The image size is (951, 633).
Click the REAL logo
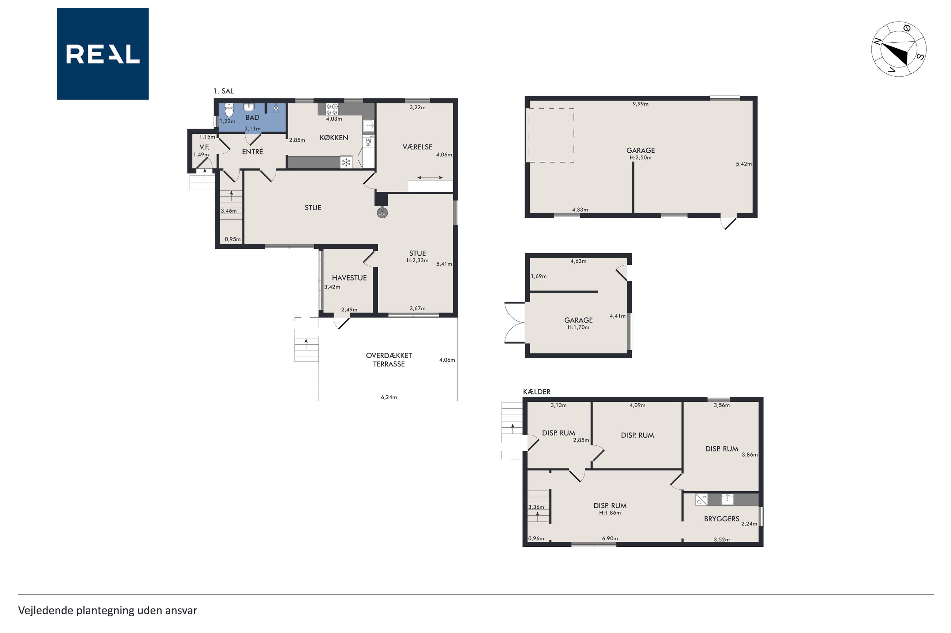[103, 54]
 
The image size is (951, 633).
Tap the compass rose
[898, 49]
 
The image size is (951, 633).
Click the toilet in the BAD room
[229, 110]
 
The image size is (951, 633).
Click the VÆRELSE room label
[417, 147]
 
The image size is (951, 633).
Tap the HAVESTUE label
[349, 278]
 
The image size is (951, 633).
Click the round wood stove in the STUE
[382, 213]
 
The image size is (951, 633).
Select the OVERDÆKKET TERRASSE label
[389, 360]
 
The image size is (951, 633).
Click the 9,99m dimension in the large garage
[640, 104]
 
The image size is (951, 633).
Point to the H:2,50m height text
[640, 158]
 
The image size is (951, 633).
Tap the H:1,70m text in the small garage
[578, 327]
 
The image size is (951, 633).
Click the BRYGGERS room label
[721, 519]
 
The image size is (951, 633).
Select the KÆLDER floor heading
[537, 392]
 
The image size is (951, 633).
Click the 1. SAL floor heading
[223, 91]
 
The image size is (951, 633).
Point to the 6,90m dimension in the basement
[610, 538]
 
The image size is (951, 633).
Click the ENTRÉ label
[252, 151]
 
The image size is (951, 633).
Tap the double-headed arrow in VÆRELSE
[430, 178]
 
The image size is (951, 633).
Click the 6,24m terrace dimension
[389, 397]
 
